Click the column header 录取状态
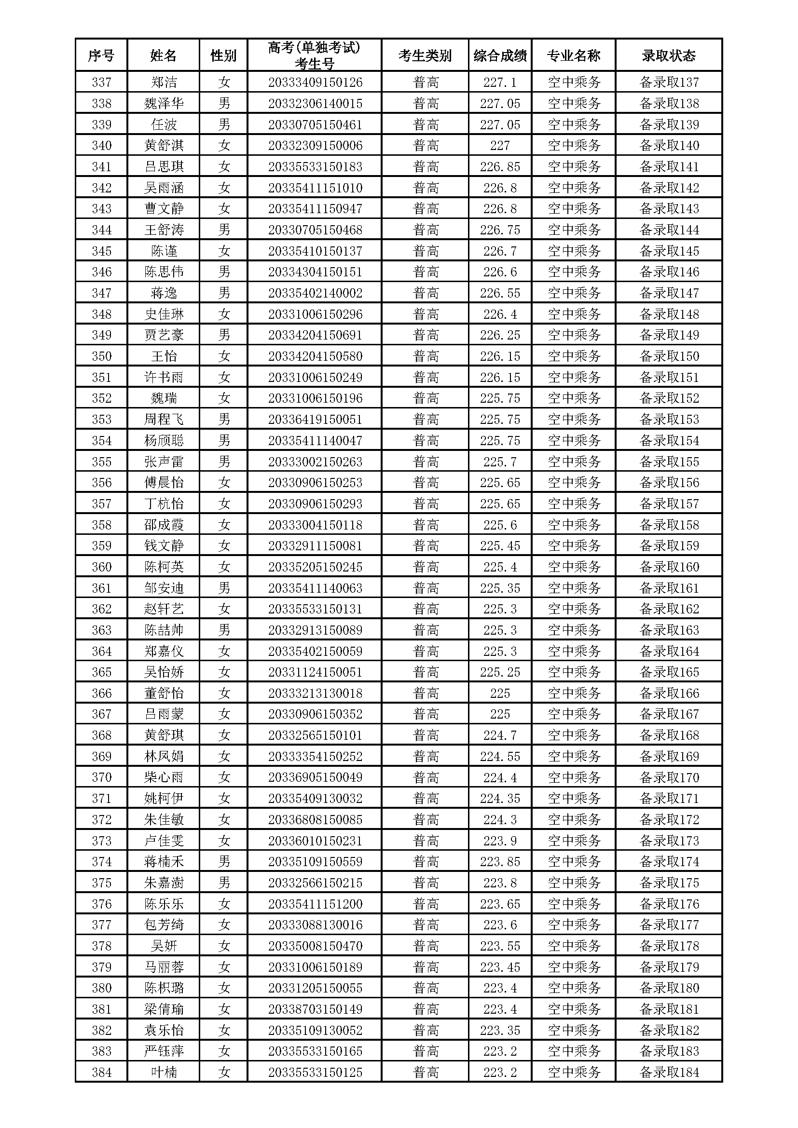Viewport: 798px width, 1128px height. [668, 55]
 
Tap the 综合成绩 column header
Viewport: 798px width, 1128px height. [500, 55]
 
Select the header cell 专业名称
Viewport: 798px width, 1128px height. [574, 55]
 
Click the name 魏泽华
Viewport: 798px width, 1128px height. [164, 103]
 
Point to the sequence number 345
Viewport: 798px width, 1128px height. [102, 251]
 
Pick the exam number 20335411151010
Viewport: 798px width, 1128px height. [315, 188]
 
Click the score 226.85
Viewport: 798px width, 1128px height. [500, 166]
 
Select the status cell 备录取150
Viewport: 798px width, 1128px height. [669, 356]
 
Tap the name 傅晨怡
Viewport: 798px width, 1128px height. [164, 482]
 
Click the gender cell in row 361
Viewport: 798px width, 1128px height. [223, 588]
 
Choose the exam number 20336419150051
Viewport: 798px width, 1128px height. [315, 420]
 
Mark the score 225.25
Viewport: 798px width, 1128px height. [500, 672]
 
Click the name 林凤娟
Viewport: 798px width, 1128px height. [164, 756]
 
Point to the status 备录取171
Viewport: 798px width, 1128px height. [669, 798]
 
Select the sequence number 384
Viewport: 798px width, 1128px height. [102, 1073]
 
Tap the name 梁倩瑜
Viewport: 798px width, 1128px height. [164, 1009]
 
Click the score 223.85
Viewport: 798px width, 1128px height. [500, 862]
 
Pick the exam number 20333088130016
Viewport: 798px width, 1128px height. [315, 925]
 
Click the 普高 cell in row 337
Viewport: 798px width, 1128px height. [426, 82]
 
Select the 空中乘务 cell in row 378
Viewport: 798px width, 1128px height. [574, 946]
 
